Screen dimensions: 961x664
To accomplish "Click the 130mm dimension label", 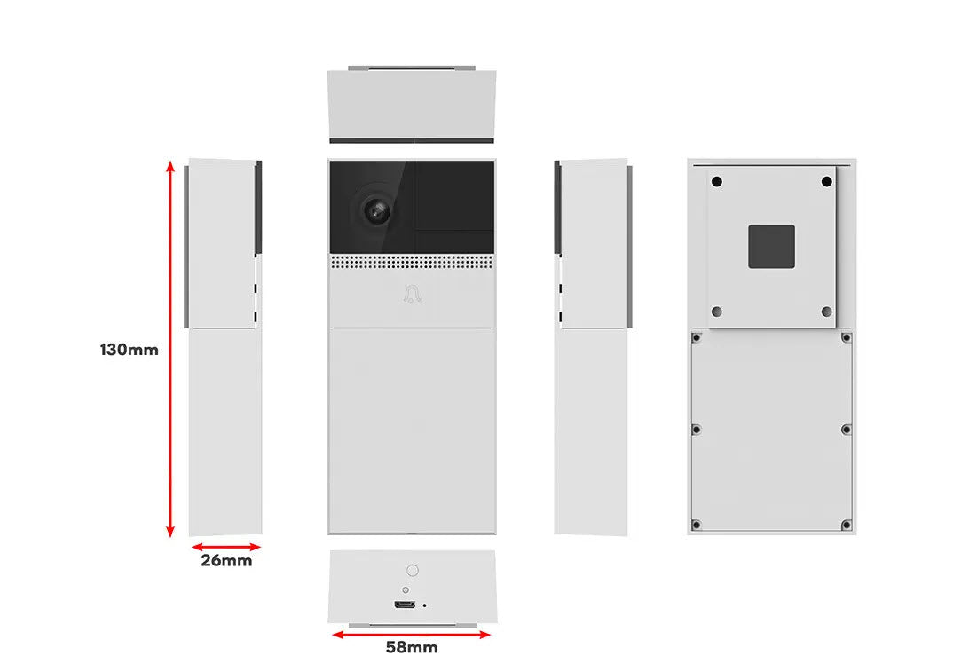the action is pyautogui.click(x=130, y=350).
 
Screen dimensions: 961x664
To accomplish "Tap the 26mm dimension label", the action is pyautogui.click(x=226, y=560).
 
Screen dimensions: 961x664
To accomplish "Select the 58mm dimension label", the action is pyautogui.click(x=411, y=647).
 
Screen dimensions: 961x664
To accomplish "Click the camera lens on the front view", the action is pyautogui.click(x=375, y=210).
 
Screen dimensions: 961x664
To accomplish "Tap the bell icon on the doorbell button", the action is pyautogui.click(x=412, y=295).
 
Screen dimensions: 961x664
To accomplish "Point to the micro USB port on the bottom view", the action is pyautogui.click(x=405, y=605).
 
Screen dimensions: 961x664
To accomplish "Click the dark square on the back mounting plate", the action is pyautogui.click(x=771, y=247).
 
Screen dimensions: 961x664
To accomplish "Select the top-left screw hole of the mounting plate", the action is pyautogui.click(x=716, y=181).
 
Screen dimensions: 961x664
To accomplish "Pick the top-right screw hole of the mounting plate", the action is pyautogui.click(x=826, y=181).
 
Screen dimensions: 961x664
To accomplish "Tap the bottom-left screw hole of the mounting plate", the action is pyautogui.click(x=716, y=312).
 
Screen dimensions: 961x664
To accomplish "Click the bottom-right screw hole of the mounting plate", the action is pyautogui.click(x=826, y=312).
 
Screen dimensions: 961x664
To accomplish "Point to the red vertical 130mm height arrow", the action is pyautogui.click(x=171, y=349).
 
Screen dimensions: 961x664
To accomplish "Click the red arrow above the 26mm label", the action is pyautogui.click(x=226, y=547).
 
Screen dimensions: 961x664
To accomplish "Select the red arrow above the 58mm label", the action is pyautogui.click(x=411, y=635).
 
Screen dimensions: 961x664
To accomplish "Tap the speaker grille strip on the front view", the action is pyautogui.click(x=412, y=263).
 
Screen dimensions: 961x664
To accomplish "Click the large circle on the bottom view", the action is pyautogui.click(x=413, y=571).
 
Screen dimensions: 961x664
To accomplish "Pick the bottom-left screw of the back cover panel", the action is pyautogui.click(x=697, y=525).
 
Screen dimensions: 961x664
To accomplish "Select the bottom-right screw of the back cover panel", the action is pyautogui.click(x=847, y=525).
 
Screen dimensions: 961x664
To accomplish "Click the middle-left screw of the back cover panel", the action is pyautogui.click(x=697, y=430).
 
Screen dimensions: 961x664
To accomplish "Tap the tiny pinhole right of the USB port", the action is pyautogui.click(x=425, y=605).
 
